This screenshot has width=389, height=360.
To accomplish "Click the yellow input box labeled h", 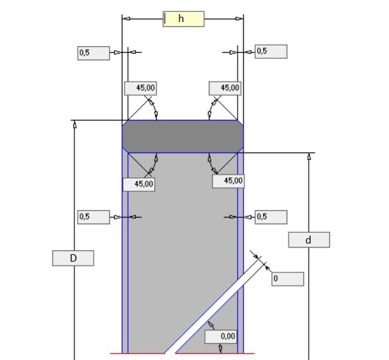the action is click(183, 19).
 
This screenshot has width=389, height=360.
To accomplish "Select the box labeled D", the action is click(73, 258).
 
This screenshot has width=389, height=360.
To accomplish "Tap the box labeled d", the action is click(309, 240).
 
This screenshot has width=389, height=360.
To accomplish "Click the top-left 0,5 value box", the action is click(94, 53).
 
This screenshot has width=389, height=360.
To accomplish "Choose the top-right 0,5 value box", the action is click(271, 52).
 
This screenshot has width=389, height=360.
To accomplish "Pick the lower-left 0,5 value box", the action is click(94, 217).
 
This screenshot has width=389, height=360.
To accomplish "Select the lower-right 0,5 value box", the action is click(271, 217).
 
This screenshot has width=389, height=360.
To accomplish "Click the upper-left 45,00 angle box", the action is click(141, 88).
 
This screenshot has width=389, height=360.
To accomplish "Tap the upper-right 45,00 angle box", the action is click(225, 88).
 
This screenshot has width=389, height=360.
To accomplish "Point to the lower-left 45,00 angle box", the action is click(139, 185).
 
